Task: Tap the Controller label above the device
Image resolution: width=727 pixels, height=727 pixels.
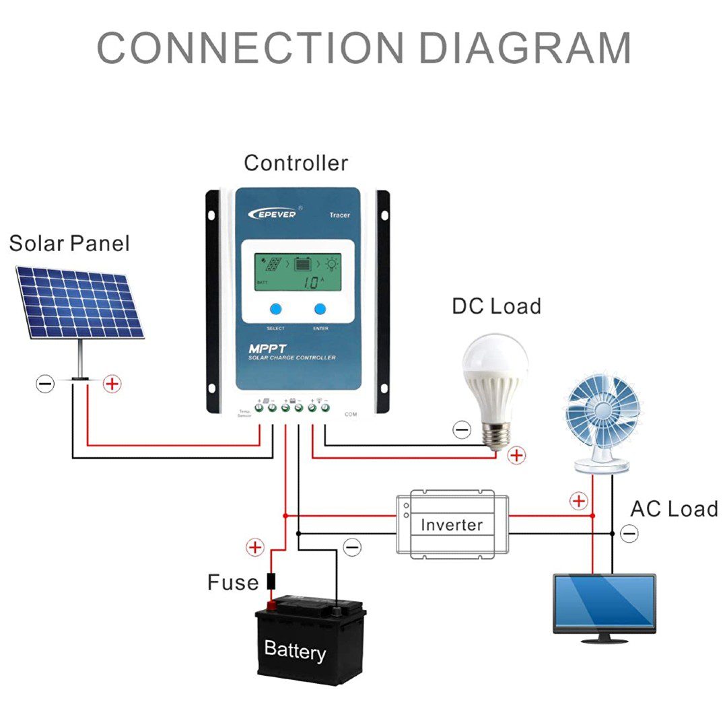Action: [x=296, y=163]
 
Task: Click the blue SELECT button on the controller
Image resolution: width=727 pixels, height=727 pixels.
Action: [x=276, y=310]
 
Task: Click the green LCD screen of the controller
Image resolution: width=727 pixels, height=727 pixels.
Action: [x=298, y=272]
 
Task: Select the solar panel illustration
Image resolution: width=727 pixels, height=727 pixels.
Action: [x=79, y=303]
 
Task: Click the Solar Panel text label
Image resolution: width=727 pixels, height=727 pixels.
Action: [x=69, y=243]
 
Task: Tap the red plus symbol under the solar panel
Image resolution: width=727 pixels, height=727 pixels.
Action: [x=112, y=384]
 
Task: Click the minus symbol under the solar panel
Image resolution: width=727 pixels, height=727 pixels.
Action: [x=45, y=384]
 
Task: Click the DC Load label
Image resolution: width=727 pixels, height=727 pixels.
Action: [x=496, y=306]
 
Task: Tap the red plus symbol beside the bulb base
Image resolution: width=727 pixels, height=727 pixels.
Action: [x=516, y=456]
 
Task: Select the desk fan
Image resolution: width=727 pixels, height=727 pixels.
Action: [x=601, y=417]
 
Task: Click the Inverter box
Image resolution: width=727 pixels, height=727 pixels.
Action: [x=452, y=524]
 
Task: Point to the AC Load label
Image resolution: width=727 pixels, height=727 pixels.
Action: [x=674, y=509]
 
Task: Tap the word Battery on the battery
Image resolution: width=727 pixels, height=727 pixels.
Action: [x=295, y=650]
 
